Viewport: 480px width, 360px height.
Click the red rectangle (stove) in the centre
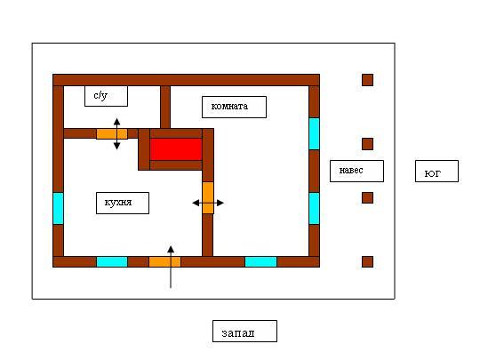tap(176, 149)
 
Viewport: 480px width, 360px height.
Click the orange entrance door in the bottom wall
tap(164, 262)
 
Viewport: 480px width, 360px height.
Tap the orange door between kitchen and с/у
tap(112, 133)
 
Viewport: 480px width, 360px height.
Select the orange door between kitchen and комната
tap(208, 197)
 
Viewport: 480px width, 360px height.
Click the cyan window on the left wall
tap(58, 208)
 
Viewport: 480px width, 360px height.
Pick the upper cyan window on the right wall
tap(315, 133)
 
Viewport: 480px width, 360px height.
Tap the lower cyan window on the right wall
tap(315, 208)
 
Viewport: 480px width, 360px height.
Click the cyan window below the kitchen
tap(112, 262)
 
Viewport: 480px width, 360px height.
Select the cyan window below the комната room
tap(260, 262)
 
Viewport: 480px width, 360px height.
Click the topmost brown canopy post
tap(367, 80)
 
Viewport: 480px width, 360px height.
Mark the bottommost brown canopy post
tap(367, 261)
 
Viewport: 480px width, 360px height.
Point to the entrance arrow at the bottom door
tap(171, 267)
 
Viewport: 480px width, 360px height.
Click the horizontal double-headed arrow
tap(208, 203)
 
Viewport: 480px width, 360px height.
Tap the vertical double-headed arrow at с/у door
tap(117, 133)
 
